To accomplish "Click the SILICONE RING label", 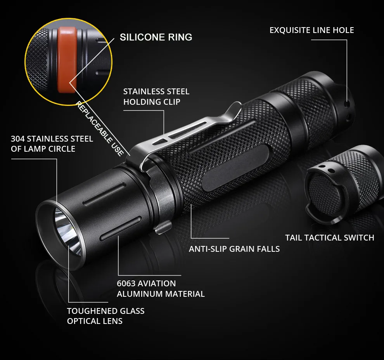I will coord(156,37).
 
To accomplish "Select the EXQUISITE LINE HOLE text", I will coord(312,30).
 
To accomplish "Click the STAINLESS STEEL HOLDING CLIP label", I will coord(156,97).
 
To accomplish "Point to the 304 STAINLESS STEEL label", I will coord(52,144).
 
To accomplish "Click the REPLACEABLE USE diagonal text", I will coord(100,128).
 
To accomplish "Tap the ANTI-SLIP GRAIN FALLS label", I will coord(234,249).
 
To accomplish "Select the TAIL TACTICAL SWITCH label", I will coord(330,238).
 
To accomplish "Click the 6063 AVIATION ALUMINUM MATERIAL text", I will coord(161,289).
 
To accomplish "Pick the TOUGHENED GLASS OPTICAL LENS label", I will coord(106,316).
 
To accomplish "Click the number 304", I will coord(18,139).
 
